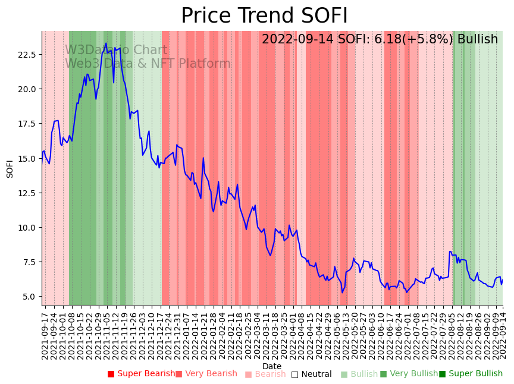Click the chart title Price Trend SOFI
264,16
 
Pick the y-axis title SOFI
10,168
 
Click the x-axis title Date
272,366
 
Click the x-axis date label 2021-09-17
45,333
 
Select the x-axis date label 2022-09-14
503,333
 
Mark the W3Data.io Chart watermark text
116,50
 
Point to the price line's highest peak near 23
106,43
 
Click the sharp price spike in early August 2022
450,251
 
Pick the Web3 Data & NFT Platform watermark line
148,64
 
